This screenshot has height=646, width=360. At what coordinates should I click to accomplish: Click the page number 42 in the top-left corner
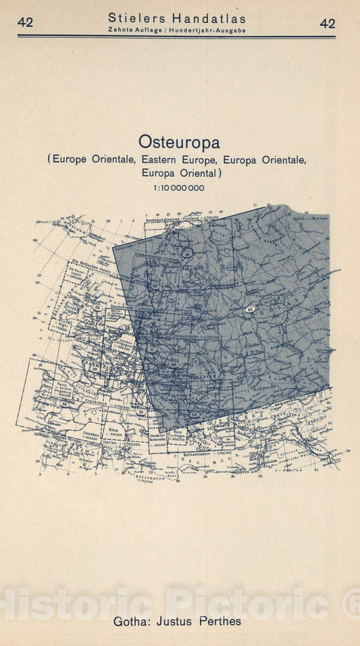(x=26, y=23)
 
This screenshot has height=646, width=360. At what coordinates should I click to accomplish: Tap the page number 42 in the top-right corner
(x=328, y=23)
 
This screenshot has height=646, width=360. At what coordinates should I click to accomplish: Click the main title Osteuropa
(x=179, y=142)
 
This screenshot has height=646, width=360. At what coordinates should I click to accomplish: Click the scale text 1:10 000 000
(x=179, y=187)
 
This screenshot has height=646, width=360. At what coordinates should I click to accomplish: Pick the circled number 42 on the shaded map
(x=251, y=310)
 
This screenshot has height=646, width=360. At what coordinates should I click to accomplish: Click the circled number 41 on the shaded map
(x=188, y=253)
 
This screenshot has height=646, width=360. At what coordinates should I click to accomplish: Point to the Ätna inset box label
(x=112, y=429)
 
